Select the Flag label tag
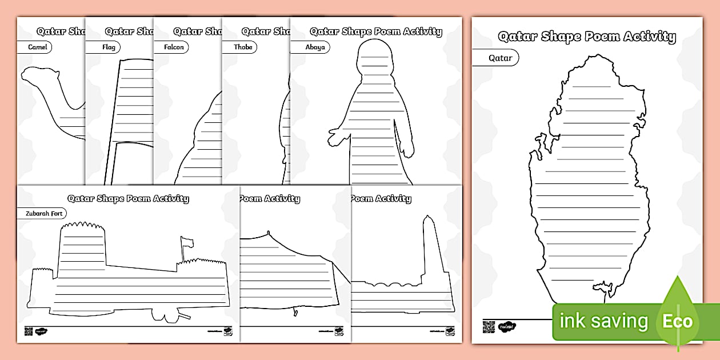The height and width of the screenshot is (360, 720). tap(108, 47)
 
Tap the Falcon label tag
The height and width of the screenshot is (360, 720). tap(174, 47)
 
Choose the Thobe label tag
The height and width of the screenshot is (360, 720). tap(243, 47)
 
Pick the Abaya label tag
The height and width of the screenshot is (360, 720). tap(315, 47)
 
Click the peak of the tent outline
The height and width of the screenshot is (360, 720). tap(267, 233)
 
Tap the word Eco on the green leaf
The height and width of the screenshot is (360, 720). tap(677, 321)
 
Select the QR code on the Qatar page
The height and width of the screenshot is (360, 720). tap(487, 327)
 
